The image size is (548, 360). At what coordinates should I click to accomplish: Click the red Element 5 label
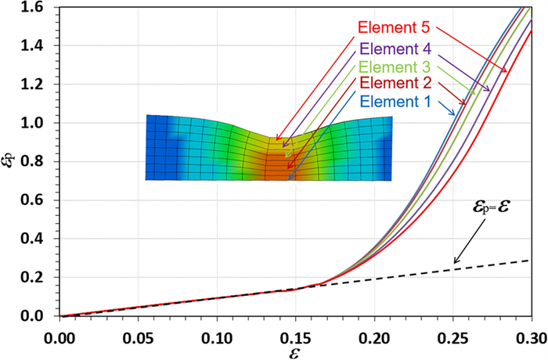[393, 28]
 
